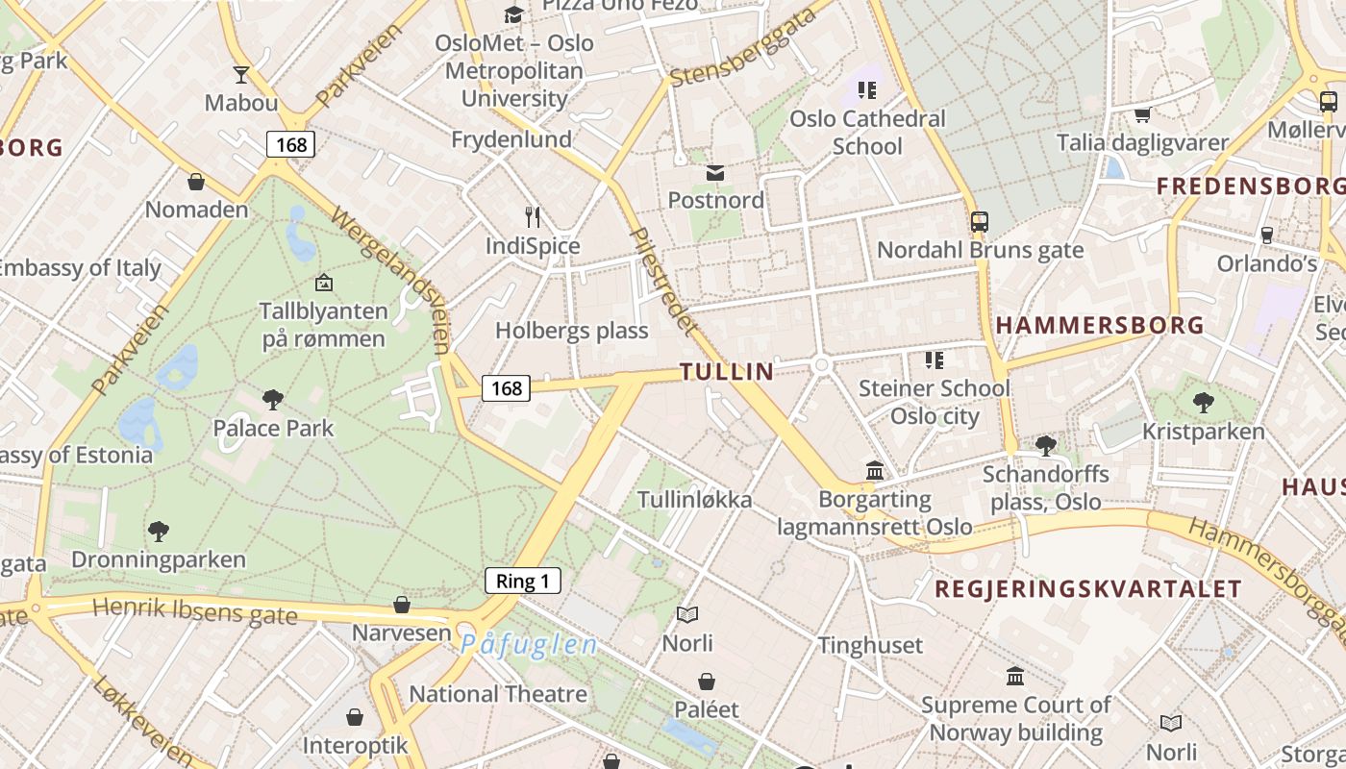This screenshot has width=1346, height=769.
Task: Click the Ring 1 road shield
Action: click(523, 581)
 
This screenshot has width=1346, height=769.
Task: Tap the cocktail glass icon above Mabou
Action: click(240, 74)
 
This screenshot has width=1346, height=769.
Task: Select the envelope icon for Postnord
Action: click(715, 173)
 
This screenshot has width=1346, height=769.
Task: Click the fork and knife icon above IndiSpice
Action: click(533, 216)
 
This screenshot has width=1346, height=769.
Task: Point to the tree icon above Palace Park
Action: click(273, 399)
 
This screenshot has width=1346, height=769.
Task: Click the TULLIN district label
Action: click(727, 371)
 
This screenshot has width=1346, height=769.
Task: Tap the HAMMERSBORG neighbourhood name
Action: click(1100, 325)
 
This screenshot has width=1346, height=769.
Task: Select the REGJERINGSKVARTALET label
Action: click(1088, 588)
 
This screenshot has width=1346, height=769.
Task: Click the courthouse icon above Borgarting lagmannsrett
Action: click(875, 471)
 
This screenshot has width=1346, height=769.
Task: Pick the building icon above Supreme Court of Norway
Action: click(1015, 676)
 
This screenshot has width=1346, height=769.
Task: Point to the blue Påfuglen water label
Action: click(529, 644)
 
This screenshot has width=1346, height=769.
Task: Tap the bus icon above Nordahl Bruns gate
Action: click(980, 222)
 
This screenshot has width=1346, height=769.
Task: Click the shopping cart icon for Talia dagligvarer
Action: click(1142, 115)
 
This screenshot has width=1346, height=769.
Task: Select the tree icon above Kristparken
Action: click(1203, 402)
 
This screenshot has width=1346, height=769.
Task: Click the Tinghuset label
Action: click(870, 645)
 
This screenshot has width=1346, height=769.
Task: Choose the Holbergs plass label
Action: click(572, 331)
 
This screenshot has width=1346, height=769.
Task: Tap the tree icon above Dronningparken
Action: click(159, 530)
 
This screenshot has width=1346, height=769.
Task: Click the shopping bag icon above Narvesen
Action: click(402, 605)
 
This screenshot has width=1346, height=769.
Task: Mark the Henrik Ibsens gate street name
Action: click(195, 610)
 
